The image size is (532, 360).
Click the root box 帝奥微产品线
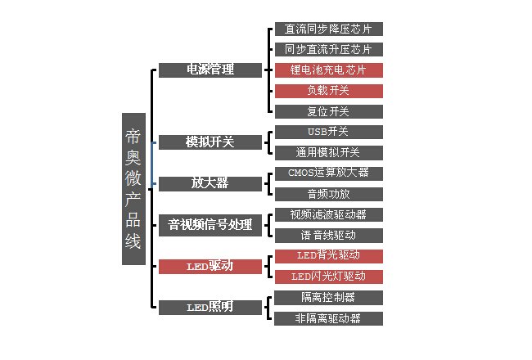coord(133,189)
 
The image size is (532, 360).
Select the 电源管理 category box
coord(210,70)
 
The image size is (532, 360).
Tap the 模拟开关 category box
coord(210,142)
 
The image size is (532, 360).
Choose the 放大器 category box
coord(210,183)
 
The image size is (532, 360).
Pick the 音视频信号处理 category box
coord(210,224)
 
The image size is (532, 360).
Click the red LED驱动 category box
coord(210,266)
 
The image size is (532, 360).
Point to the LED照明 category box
coord(210,308)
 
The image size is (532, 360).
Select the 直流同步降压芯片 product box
coord(328,29)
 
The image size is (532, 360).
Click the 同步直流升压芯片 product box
coord(328,49)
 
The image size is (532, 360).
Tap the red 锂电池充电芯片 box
coord(328,70)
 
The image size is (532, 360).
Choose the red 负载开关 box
coord(328,91)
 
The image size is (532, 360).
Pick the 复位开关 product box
coord(328,111)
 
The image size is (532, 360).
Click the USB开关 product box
coord(328,132)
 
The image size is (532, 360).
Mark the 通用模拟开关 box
coord(328,152)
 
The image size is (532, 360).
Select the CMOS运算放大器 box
coord(328,173)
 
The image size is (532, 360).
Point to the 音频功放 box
coord(328,194)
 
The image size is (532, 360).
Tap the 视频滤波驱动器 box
coord(328,214)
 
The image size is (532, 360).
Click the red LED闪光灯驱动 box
coord(328,277)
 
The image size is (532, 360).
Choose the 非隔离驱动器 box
coord(328,318)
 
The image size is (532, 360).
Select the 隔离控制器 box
coord(328,297)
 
